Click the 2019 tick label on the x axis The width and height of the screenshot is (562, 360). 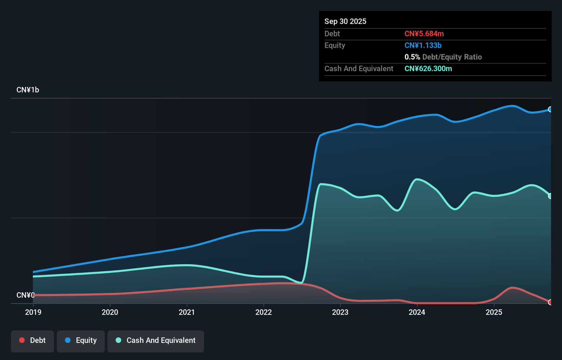33,312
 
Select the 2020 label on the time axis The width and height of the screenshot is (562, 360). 110,312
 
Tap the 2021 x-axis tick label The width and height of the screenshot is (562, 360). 187,312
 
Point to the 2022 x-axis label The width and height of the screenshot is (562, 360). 264,312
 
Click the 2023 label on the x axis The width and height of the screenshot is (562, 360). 340,312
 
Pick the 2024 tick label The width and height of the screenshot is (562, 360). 417,312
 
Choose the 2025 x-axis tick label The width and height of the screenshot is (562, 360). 494,312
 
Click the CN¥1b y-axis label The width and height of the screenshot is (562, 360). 28,90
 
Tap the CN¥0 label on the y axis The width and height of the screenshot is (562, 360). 26,295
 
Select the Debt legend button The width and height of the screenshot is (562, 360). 33,340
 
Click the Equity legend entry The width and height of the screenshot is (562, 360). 81,340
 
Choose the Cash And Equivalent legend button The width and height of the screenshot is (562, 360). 156,340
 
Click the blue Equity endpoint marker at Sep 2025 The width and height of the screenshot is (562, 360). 550,110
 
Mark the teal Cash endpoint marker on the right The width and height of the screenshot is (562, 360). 550,196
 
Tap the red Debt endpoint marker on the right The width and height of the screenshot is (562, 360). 550,302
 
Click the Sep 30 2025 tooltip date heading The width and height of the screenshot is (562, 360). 345,21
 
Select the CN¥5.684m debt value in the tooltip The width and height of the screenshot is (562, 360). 424,34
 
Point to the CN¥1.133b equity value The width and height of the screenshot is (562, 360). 423,46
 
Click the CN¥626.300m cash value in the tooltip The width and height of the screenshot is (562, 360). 428,69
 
